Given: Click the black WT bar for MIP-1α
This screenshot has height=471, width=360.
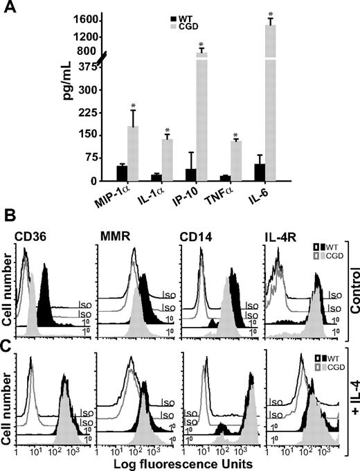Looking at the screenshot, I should pos(102,173).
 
